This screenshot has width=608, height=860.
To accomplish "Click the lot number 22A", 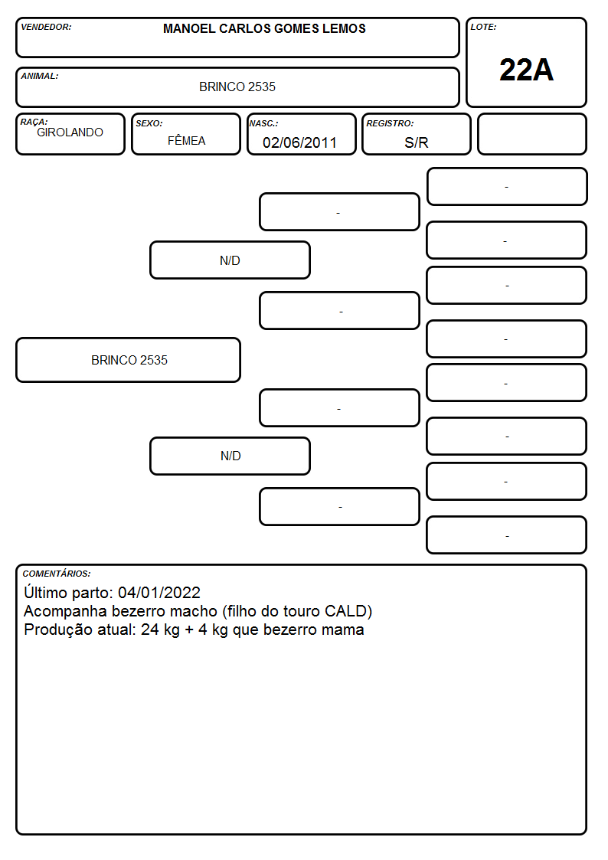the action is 526,70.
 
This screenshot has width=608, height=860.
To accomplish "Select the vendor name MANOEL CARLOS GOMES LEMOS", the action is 264,28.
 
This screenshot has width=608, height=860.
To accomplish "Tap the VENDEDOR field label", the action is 46,27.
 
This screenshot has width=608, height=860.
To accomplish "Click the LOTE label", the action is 483,27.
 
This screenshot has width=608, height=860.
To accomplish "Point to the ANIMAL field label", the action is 40,77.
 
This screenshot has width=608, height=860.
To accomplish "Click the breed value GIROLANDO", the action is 70,132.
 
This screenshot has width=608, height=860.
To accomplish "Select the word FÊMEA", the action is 186,140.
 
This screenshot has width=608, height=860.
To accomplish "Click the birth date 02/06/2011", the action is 299,142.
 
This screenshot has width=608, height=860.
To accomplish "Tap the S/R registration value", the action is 416,142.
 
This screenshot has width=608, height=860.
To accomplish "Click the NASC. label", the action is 263,123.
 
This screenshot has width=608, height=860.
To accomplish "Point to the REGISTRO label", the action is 390,123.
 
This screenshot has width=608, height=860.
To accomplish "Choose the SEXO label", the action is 149,123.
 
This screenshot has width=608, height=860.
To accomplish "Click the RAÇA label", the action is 34,122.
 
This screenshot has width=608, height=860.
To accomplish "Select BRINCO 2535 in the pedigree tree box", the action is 129,360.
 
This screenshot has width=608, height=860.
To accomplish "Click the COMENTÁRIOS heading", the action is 57,574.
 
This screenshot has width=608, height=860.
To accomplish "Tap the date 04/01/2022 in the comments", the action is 159,592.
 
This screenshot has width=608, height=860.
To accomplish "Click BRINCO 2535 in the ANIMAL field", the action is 237,87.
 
